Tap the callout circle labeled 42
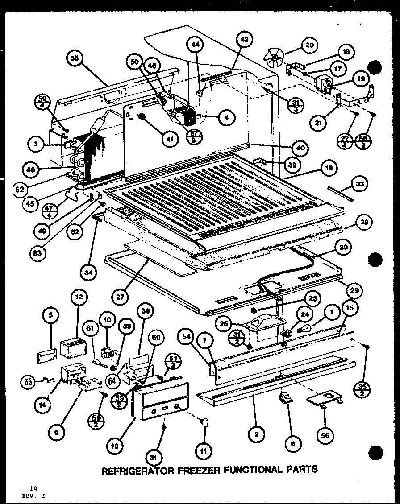[243, 39]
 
